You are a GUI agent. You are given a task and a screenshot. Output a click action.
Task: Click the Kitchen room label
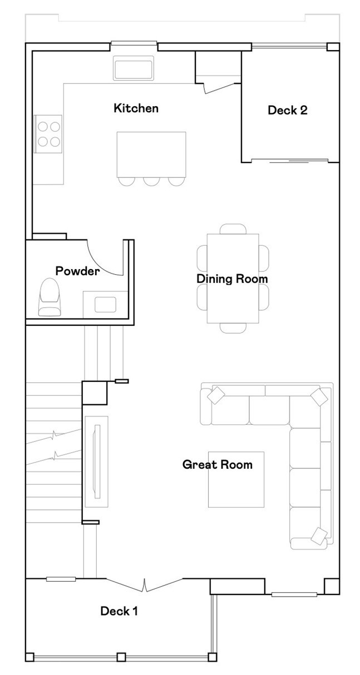(136, 108)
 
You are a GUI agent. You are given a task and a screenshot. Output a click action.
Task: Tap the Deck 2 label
(287, 110)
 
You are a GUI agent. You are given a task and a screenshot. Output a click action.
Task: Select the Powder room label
(77, 271)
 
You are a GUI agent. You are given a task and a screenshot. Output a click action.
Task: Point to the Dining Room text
(232, 279)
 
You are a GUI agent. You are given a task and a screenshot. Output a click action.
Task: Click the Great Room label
(217, 464)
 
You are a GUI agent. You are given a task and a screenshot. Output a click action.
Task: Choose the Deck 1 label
(119, 612)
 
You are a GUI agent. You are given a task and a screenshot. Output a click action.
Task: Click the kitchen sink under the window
(133, 68)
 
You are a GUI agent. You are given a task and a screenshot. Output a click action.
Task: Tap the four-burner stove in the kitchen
(48, 133)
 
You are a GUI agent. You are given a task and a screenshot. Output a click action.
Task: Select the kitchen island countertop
(151, 153)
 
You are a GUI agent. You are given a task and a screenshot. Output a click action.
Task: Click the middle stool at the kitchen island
(151, 181)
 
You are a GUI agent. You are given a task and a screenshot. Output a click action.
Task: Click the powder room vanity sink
(105, 304)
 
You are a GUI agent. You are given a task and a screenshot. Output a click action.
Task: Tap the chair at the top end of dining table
(233, 229)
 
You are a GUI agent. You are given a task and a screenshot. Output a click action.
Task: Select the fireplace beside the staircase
(96, 460)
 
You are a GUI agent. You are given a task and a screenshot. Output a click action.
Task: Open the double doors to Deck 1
(144, 585)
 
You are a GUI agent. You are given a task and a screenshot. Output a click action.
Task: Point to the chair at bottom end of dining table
(233, 328)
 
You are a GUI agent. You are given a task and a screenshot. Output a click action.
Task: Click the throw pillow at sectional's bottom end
(319, 535)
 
